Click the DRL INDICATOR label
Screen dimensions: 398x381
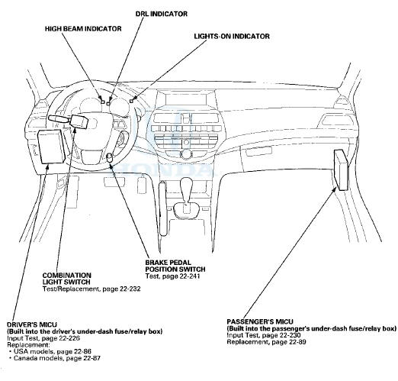tap(162, 14)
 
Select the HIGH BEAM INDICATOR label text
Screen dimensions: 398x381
tap(83, 28)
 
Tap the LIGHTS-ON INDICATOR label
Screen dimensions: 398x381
tap(232, 36)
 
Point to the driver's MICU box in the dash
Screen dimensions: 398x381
tap(51, 146)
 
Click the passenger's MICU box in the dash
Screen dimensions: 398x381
tap(341, 170)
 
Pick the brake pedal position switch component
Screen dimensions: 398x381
tap(110, 157)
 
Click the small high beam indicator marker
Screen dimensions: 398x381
tap(103, 102)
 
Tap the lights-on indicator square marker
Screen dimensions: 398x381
tap(132, 102)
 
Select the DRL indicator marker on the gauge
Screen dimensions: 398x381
tap(108, 103)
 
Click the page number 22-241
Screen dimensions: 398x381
tap(190, 276)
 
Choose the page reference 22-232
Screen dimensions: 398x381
tap(130, 289)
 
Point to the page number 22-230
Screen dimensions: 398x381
tap(290, 335)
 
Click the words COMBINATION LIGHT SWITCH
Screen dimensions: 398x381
tap(67, 279)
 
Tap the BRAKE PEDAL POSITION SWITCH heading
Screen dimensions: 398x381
tap(175, 266)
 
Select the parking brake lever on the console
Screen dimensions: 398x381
tap(163, 208)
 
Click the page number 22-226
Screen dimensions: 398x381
tap(69, 338)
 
